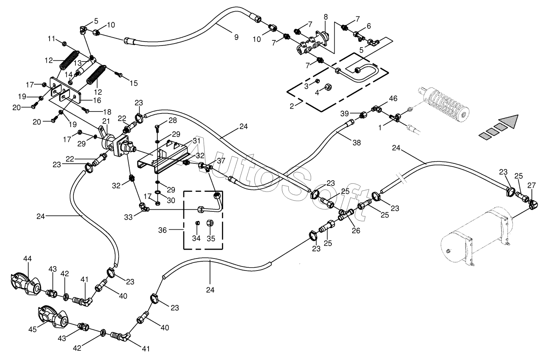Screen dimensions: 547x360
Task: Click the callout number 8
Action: (x=325, y=17)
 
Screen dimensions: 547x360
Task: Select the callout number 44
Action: (x=28, y=259)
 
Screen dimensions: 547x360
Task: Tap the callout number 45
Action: (x=32, y=330)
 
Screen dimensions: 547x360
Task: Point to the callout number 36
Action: (x=163, y=230)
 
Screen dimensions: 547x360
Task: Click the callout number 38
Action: (x=357, y=143)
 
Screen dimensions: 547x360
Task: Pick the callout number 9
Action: (x=236, y=38)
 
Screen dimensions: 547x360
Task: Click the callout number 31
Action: (x=196, y=141)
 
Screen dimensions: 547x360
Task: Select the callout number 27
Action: (x=531, y=185)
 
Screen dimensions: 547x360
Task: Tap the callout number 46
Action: (x=393, y=98)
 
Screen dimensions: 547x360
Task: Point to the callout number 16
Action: (x=97, y=100)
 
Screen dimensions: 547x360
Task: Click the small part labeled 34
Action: (x=198, y=223)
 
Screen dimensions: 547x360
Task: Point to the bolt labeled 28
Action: (x=158, y=128)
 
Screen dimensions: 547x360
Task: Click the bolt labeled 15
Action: (x=119, y=74)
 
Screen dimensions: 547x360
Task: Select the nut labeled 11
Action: (x=64, y=44)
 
